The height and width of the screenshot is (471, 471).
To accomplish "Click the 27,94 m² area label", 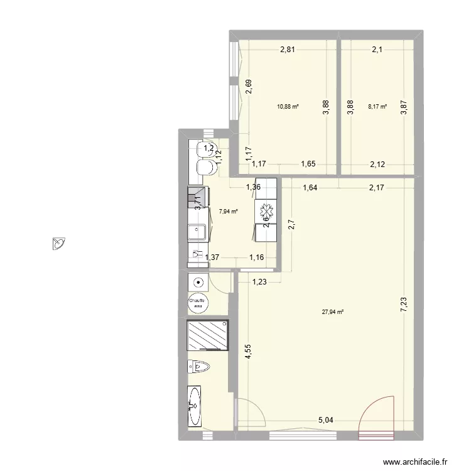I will (333, 311).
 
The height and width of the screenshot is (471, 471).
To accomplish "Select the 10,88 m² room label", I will (288, 107).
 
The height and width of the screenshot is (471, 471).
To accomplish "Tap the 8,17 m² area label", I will (377, 107).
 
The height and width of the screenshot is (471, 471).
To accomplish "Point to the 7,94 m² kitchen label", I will (228, 212).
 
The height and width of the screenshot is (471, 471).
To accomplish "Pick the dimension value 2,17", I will (377, 186).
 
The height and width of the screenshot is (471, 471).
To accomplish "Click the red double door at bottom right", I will (376, 415).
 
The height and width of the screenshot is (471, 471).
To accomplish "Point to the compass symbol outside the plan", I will (59, 243).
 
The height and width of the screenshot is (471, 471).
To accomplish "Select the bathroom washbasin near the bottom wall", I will (195, 405).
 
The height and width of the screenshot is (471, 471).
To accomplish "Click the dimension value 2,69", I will (249, 87).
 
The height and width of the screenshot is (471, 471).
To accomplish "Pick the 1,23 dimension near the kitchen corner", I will (261, 282).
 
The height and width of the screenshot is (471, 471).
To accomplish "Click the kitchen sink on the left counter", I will (198, 232).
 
